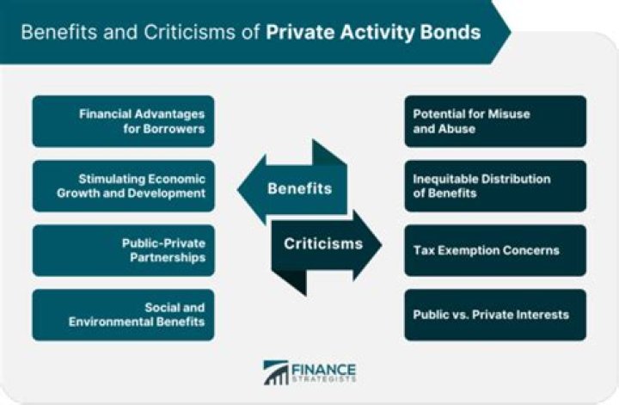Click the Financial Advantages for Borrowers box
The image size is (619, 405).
123,121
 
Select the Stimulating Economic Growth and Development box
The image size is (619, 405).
123,186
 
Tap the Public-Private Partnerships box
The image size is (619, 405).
123,250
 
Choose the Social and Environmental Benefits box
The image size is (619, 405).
123,315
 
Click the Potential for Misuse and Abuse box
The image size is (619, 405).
494,121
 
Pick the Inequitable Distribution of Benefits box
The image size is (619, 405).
494,186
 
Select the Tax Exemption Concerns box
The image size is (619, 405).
494,250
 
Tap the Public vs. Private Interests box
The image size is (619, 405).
494,315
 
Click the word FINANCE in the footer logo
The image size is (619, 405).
323,367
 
